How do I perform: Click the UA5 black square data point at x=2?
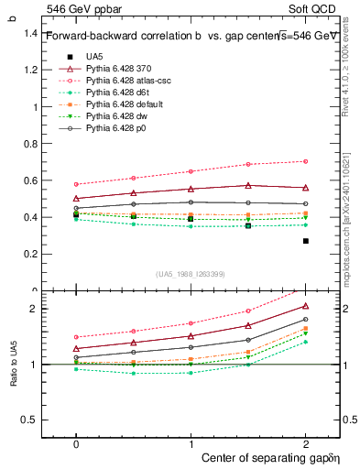coord(306,241)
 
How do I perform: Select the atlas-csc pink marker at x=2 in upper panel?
coord(306,161)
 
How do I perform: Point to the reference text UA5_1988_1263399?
coord(191,274)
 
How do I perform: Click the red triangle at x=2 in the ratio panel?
coord(306,306)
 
